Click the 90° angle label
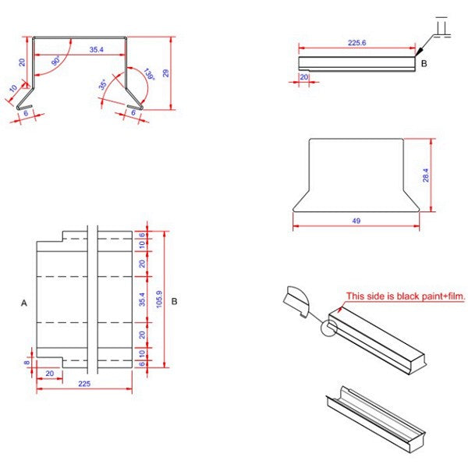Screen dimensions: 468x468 56,60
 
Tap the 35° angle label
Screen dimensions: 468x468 102,84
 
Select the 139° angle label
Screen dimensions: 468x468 149,74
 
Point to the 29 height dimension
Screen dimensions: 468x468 165,73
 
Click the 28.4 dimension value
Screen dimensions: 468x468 426,175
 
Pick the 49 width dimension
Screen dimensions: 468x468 356,221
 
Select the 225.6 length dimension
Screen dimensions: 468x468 357,43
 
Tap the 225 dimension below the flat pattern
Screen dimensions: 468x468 84,384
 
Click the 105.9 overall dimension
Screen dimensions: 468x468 159,299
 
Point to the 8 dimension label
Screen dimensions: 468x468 27,363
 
